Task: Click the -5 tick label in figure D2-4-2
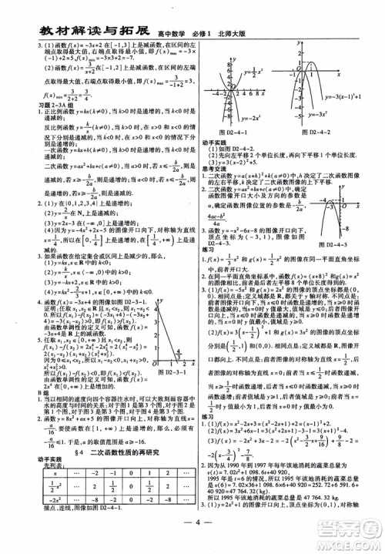click(x=298, y=126)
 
